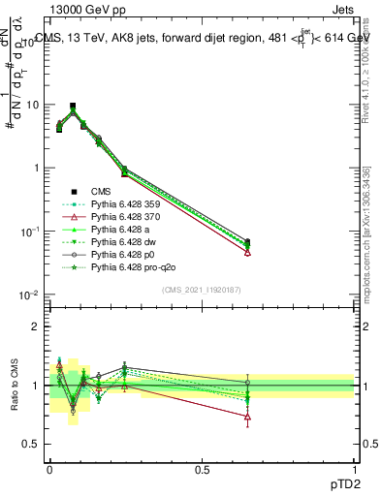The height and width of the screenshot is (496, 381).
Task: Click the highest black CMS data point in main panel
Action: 73,106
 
